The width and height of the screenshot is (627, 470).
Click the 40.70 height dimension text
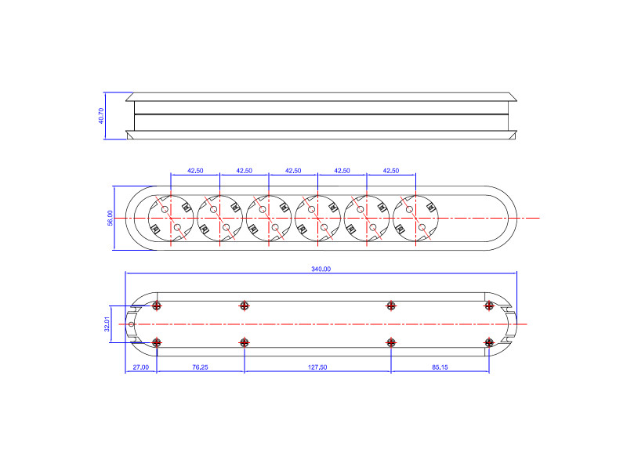pyautogui.click(x=101, y=116)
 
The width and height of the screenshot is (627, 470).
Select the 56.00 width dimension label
pyautogui.click(x=111, y=219)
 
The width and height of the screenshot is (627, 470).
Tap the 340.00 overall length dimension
pyautogui.click(x=321, y=269)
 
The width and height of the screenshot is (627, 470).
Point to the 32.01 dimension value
pyautogui.click(x=107, y=324)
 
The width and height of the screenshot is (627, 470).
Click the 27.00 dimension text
pyautogui.click(x=140, y=367)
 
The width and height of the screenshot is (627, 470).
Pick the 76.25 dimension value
pyautogui.click(x=200, y=367)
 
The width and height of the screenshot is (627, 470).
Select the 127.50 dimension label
pyautogui.click(x=317, y=367)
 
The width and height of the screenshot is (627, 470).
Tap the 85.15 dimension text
pyautogui.click(x=440, y=367)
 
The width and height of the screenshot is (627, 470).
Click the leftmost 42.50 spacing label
pyautogui.click(x=195, y=170)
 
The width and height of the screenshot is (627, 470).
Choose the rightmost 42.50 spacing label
pyautogui.click(x=390, y=170)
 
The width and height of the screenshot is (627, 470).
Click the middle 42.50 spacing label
pyautogui.click(x=293, y=170)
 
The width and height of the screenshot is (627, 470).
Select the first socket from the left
pyautogui.click(x=171, y=218)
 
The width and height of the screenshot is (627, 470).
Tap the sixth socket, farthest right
pyautogui.click(x=415, y=218)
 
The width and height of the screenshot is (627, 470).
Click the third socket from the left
pyautogui.click(x=269, y=218)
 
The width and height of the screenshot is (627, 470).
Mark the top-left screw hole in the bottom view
pyautogui.click(x=158, y=305)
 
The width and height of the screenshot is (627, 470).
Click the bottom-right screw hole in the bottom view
pyautogui.click(x=489, y=342)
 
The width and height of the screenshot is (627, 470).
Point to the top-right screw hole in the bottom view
pyautogui.click(x=489, y=305)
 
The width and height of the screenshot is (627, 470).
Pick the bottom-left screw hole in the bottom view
pyautogui.click(x=158, y=342)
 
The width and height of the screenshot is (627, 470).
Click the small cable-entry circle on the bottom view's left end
pyautogui.click(x=131, y=324)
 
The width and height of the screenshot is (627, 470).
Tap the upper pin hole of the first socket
pyautogui.click(x=165, y=209)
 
